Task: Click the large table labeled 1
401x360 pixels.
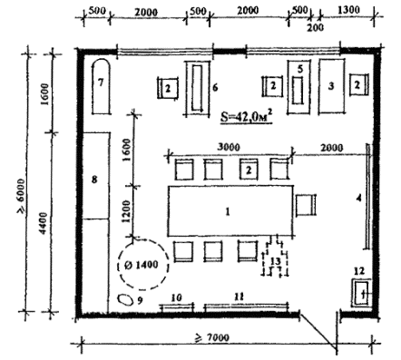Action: [x=230, y=211]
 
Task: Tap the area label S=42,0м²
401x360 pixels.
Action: [x=246, y=117]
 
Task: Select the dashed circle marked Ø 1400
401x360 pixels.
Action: [x=143, y=265]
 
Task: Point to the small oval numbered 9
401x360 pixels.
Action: [x=124, y=299]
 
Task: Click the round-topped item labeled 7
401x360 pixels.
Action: [x=101, y=86]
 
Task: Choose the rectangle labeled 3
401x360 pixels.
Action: [x=331, y=86]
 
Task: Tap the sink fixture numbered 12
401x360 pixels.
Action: [x=361, y=293]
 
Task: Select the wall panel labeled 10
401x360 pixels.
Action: [x=177, y=307]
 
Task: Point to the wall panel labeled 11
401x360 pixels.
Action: [x=246, y=307]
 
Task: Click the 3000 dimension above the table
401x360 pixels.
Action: [x=230, y=147]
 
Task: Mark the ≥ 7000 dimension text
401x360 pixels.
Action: [x=212, y=337]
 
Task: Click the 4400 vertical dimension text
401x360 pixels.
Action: [x=44, y=223]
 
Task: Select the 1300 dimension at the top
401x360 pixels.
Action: [x=348, y=10]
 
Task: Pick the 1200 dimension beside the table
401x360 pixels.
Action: [x=127, y=211]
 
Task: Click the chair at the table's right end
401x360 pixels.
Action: [x=306, y=205]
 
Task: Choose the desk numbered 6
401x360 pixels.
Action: [x=198, y=88]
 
